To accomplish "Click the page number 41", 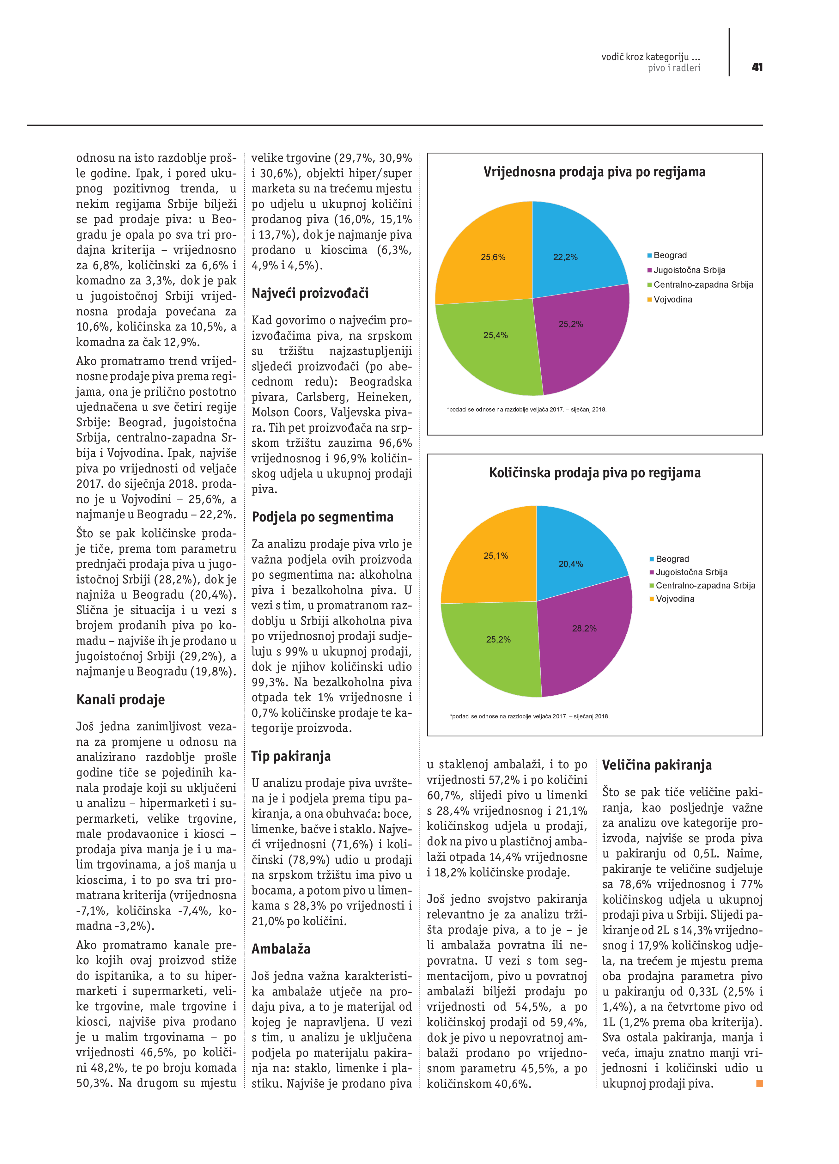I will coord(757,67).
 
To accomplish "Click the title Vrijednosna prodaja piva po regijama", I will coord(594,172).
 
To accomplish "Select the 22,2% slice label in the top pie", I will coord(565,257).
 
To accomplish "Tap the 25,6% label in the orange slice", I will coord(493,257).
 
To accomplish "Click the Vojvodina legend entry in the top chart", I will coord(672,300).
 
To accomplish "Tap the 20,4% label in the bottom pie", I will coord(571,564).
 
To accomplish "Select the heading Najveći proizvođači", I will coord(310,294).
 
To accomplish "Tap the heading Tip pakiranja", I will coord(291,756).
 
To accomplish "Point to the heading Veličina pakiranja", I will coord(657,765).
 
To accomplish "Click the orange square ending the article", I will coord(759,1083).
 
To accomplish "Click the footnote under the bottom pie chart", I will coord(530,716).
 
